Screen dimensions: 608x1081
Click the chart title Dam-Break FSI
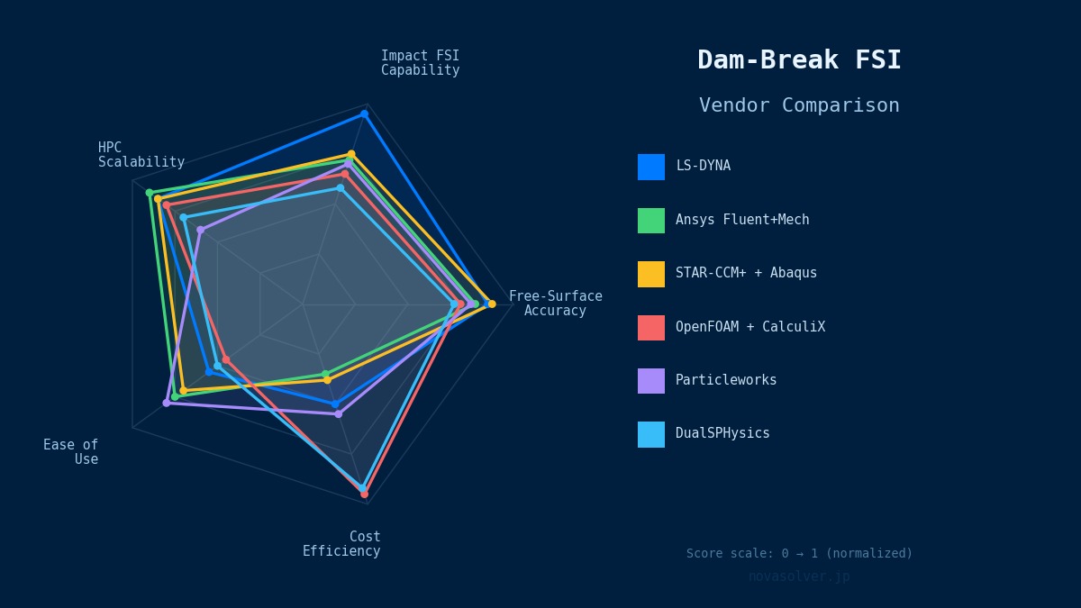pos(799,60)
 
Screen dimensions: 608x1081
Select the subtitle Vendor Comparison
pos(799,105)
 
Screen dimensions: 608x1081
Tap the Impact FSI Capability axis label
pos(420,63)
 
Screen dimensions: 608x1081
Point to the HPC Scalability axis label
pos(141,155)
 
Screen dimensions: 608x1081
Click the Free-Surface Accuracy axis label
pos(555,304)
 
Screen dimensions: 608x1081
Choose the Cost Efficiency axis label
pos(341,544)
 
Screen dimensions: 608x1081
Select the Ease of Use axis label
pos(71,452)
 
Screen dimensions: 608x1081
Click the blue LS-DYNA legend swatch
pos(651,167)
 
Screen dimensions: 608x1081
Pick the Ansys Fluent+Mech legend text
pos(742,220)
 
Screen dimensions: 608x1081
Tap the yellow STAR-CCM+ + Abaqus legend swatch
pos(651,274)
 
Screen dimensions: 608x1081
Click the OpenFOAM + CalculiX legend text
pos(749,327)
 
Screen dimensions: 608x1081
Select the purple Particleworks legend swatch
pos(651,381)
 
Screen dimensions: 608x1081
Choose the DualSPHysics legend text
pos(722,433)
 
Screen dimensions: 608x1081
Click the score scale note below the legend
pos(799,554)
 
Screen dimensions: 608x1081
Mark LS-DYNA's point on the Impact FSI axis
pos(365,113)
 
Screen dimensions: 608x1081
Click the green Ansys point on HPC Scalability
pos(150,193)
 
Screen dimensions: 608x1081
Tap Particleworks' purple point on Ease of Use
pos(166,403)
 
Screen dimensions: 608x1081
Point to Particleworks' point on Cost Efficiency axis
pos(339,414)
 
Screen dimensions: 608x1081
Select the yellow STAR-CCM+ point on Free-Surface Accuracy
pos(492,304)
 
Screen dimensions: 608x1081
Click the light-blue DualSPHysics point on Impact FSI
pos(341,188)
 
